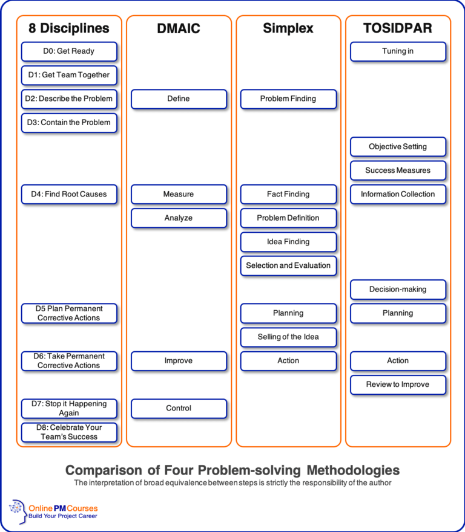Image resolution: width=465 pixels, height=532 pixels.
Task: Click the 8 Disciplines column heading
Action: coord(69,28)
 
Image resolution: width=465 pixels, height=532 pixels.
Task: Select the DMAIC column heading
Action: coord(179,28)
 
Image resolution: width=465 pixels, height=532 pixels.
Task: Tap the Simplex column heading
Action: coord(288,28)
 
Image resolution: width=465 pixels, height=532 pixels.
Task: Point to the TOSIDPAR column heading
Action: coord(398,28)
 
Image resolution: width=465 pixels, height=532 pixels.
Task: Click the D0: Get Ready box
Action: coord(69,51)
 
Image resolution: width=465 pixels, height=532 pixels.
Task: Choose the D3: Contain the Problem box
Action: coord(69,123)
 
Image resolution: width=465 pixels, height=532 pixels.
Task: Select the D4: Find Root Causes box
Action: coord(69,194)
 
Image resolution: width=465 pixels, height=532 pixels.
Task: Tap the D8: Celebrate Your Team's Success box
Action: coord(69,432)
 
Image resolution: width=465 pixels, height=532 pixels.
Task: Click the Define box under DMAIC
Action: coord(179,99)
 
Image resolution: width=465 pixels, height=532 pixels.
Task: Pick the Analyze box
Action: coord(179,218)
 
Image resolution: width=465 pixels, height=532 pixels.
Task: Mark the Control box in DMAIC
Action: coord(179,409)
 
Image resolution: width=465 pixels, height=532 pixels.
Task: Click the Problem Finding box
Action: coord(288,99)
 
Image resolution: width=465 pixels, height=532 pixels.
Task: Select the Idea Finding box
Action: coord(288,242)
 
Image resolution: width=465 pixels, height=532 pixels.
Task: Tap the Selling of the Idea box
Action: coord(288,337)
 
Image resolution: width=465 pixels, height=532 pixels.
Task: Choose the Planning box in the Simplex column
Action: coord(288,313)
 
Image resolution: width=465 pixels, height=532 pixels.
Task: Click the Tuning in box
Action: coord(398,51)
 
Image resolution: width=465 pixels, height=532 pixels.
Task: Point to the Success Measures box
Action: coord(398,170)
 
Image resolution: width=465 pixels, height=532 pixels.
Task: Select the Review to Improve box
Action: coord(398,384)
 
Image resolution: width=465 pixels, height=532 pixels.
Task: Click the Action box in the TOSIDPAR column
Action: coord(398,361)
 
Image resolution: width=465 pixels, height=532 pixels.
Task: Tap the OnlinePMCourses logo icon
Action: coord(18,510)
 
